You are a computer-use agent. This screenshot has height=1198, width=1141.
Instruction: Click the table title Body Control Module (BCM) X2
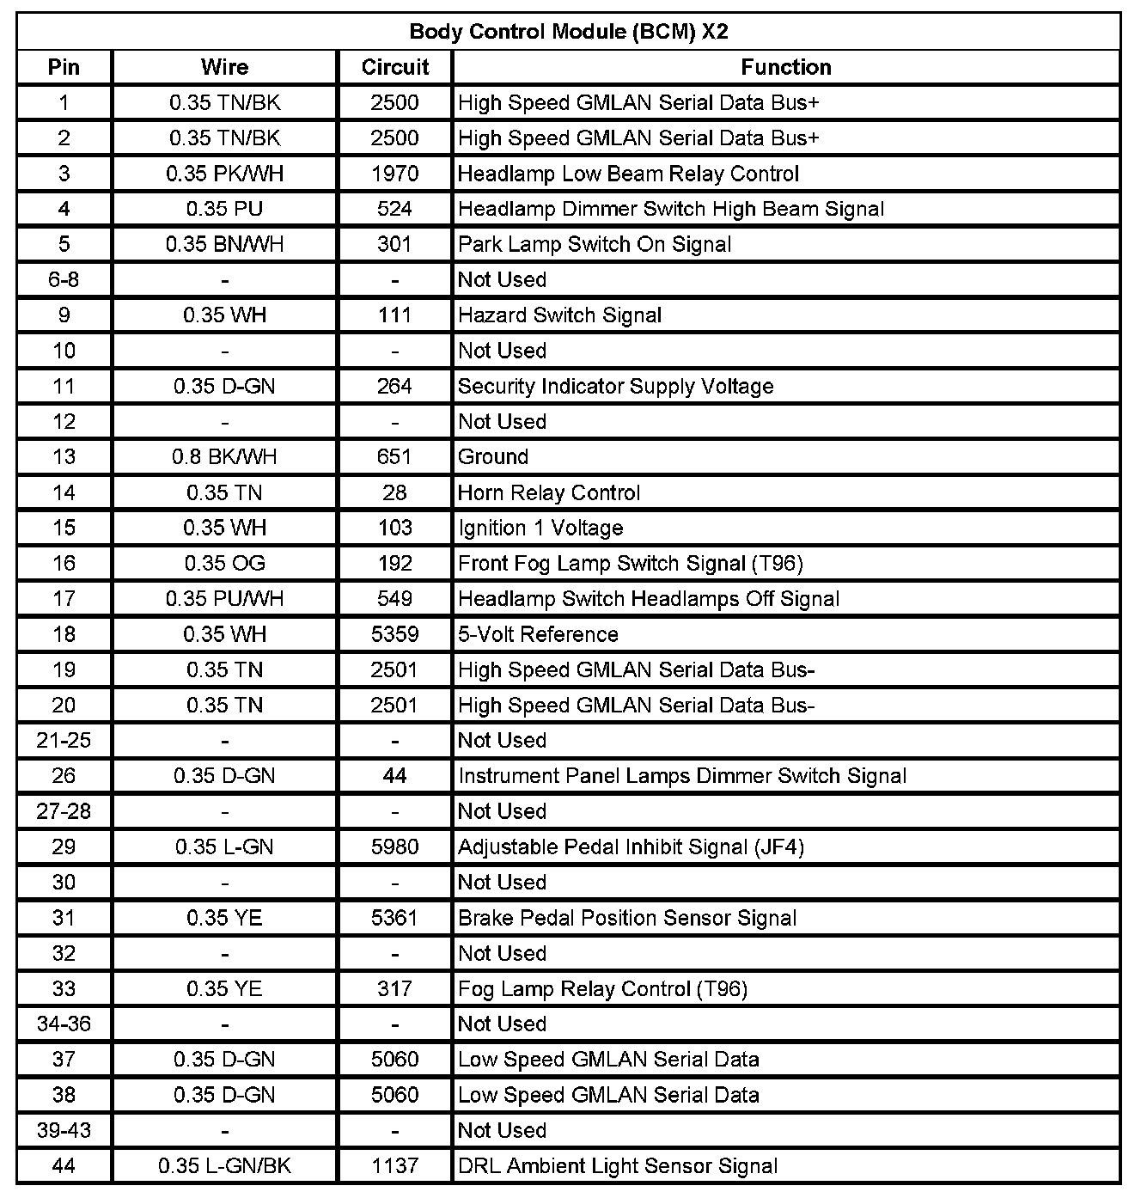pyautogui.click(x=569, y=32)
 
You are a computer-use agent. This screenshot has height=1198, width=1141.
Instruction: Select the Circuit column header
pyautogui.click(x=395, y=67)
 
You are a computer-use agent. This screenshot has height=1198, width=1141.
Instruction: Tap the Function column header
pyautogui.click(x=786, y=67)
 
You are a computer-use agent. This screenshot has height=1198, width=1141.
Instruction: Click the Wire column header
pyautogui.click(x=224, y=67)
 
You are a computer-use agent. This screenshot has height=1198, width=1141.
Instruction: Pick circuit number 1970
pyautogui.click(x=395, y=174)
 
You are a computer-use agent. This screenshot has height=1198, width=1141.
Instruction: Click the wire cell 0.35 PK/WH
pyautogui.click(x=224, y=174)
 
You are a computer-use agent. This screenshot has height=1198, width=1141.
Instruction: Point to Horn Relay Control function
pyautogui.click(x=549, y=492)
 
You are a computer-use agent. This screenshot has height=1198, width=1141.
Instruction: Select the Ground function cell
pyautogui.click(x=493, y=457)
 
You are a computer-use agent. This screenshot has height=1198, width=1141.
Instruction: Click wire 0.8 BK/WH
pyautogui.click(x=224, y=457)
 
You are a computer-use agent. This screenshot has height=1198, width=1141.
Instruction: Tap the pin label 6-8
pyautogui.click(x=64, y=279)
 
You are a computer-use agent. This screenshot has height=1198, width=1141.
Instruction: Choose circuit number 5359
pyautogui.click(x=395, y=634)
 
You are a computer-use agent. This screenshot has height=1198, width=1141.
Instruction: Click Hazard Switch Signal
pyautogui.click(x=559, y=315)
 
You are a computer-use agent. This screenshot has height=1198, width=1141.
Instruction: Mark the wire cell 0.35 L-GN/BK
pyautogui.click(x=224, y=1166)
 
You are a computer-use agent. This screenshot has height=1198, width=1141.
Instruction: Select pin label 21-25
pyautogui.click(x=64, y=740)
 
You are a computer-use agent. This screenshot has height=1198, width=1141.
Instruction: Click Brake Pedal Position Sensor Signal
pyautogui.click(x=627, y=918)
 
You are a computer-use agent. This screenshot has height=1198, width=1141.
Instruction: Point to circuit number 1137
pyautogui.click(x=395, y=1166)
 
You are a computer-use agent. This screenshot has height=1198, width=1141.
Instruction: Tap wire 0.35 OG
pyautogui.click(x=224, y=563)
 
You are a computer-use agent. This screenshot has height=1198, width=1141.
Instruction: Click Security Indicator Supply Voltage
pyautogui.click(x=615, y=386)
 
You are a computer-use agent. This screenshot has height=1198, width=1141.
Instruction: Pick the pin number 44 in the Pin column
pyautogui.click(x=64, y=1166)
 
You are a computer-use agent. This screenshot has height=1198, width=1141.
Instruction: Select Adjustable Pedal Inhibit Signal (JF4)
pyautogui.click(x=631, y=847)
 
